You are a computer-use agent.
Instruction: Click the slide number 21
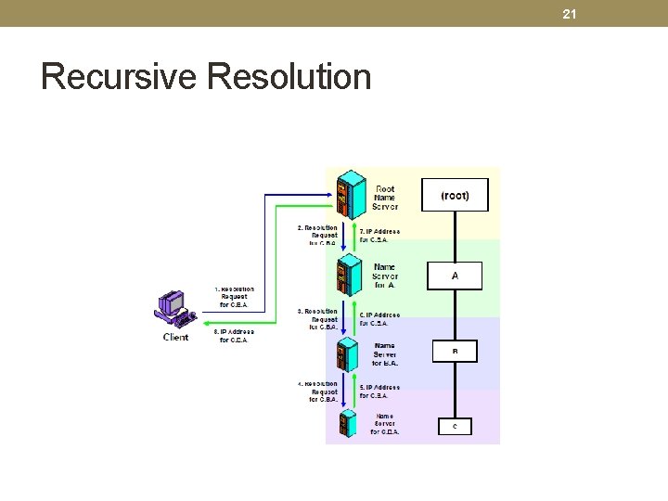pyautogui.click(x=570, y=13)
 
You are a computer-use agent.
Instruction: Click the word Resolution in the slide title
pyautogui.click(x=289, y=76)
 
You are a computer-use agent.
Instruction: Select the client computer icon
pyautogui.click(x=175, y=311)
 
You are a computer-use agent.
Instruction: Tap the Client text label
pyautogui.click(x=175, y=337)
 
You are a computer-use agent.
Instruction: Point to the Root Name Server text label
pyautogui.click(x=384, y=198)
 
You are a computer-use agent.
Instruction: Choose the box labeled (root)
pyautogui.click(x=455, y=195)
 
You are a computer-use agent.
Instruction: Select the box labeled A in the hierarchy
pyautogui.click(x=455, y=276)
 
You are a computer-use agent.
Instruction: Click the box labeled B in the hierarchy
pyautogui.click(x=455, y=352)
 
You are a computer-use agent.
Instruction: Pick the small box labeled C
pyautogui.click(x=455, y=426)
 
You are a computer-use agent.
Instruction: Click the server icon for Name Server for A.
pyautogui.click(x=351, y=273)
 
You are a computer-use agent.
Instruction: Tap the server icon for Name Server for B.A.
pyautogui.click(x=348, y=353)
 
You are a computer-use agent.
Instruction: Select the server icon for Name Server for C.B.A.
pyautogui.click(x=348, y=423)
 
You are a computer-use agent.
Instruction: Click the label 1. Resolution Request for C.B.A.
pyautogui.click(x=236, y=296)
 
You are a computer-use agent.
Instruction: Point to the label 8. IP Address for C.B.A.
pyautogui.click(x=234, y=335)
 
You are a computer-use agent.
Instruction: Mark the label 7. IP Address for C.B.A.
pyautogui.click(x=379, y=235)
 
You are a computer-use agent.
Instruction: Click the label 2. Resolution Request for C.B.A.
pyautogui.click(x=318, y=236)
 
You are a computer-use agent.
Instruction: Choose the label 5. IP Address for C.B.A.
pyautogui.click(x=379, y=391)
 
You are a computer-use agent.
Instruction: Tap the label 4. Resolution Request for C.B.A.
pyautogui.click(x=318, y=392)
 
